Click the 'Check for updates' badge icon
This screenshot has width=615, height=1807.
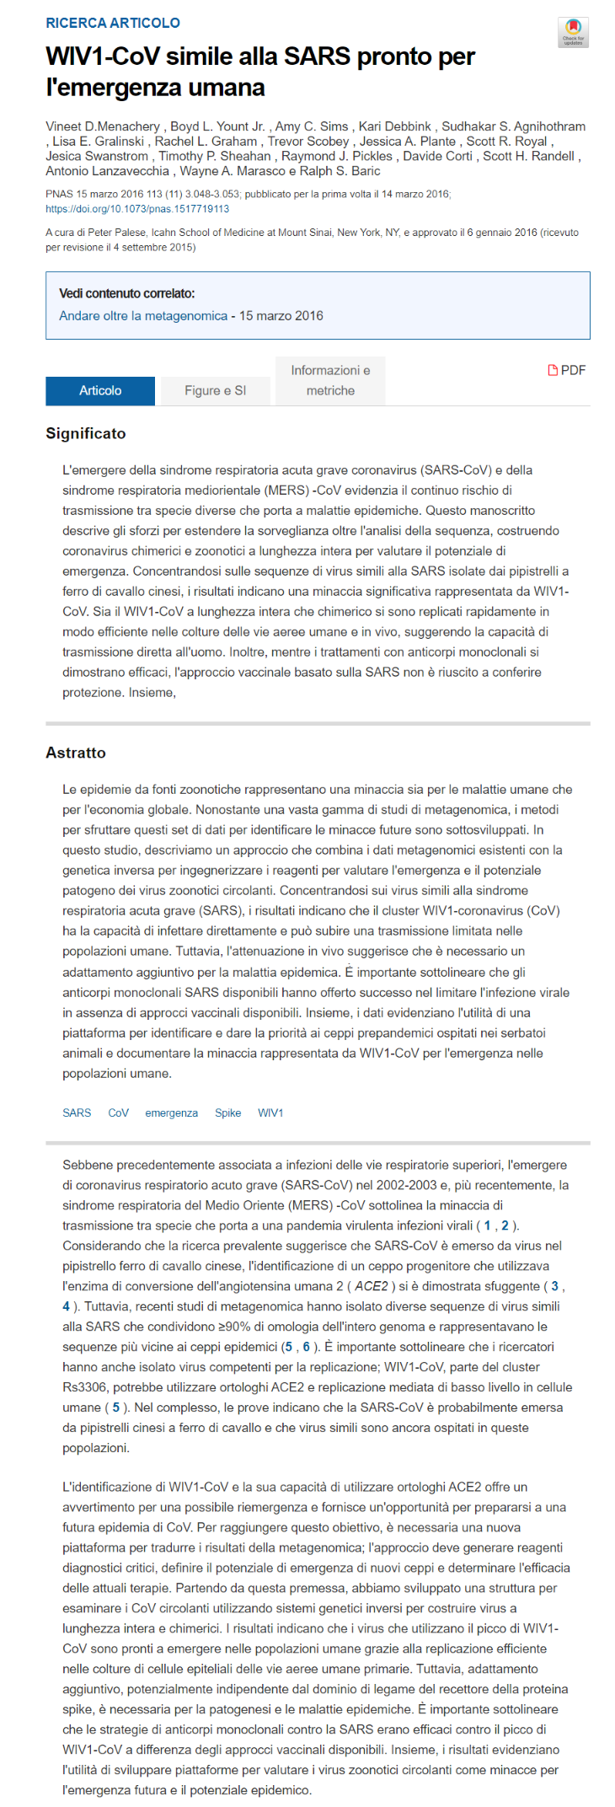coord(573,32)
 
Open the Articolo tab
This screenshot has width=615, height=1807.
coord(100,390)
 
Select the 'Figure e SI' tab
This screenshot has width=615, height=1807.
coord(215,390)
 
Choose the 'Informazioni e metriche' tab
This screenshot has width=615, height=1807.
coord(330,380)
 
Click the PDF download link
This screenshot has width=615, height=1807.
coord(567,370)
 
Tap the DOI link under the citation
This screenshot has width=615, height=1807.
coord(136,209)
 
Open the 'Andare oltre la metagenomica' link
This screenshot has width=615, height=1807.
coord(143,315)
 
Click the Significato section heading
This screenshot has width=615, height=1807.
coord(85,433)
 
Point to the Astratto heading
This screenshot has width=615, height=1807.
coord(76,753)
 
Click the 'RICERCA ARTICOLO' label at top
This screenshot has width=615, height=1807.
coord(112,23)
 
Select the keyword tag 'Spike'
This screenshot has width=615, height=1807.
coord(227,1113)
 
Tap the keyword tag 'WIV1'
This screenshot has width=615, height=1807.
coord(270,1113)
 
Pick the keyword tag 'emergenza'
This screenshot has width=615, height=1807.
coord(171,1113)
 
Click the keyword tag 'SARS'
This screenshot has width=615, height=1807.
coord(77,1113)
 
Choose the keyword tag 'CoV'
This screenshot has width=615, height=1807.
coord(118,1113)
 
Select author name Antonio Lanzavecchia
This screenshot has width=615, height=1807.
coord(107,171)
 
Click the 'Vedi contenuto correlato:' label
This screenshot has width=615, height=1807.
coord(126,293)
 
